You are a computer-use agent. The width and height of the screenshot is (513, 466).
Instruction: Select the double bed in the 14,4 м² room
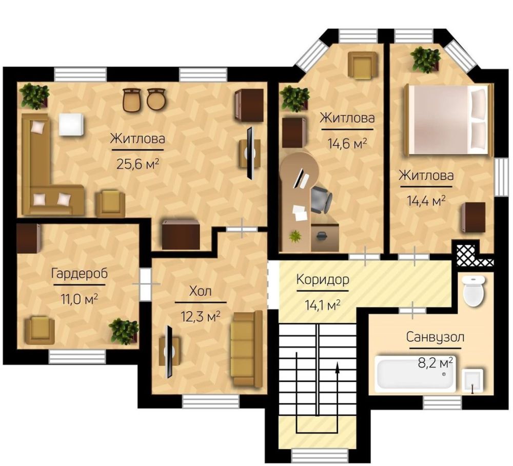[448, 119]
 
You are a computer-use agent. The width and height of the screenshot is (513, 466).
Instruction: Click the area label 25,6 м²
[137, 163]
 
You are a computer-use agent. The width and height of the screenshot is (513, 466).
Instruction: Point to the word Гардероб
[80, 273]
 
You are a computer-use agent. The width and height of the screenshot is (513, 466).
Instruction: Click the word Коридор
[323, 280]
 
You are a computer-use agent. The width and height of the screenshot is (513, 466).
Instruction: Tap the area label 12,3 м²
[200, 316]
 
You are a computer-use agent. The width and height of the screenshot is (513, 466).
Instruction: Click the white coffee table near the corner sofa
[72, 124]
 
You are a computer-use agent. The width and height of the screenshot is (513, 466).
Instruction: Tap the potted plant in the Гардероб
[124, 331]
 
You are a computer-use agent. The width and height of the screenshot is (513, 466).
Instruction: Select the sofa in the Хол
[247, 349]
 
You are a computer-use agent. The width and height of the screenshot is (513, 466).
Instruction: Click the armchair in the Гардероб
[40, 330]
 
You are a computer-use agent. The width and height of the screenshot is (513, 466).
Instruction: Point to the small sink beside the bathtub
[472, 381]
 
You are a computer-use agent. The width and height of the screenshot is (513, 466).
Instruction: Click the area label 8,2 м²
[436, 363]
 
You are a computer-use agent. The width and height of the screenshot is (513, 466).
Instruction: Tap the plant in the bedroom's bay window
[425, 60]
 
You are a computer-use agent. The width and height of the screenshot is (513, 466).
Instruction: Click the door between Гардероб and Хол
[146, 284]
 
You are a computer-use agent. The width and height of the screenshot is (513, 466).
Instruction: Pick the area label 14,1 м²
[323, 305]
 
